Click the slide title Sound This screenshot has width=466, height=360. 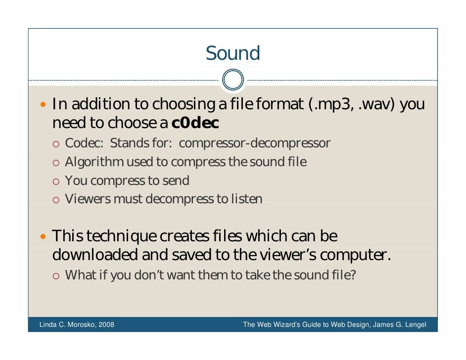tap(233, 53)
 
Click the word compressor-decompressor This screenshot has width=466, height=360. tap(254, 143)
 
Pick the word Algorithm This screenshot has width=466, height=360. tap(94, 162)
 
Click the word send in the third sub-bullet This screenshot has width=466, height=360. tap(176, 180)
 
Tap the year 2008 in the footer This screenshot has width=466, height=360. tap(106, 325)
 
